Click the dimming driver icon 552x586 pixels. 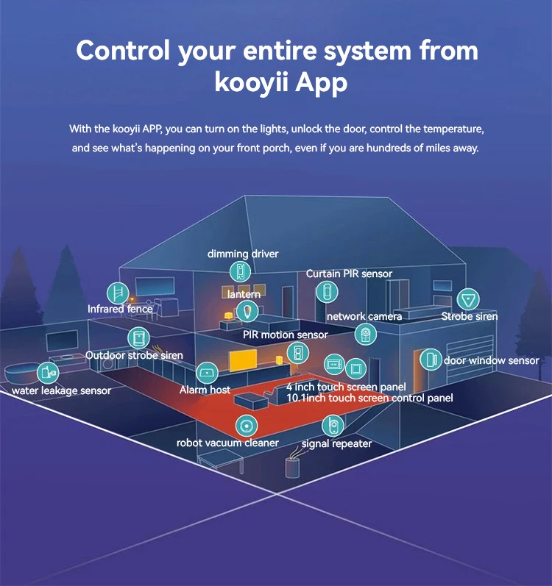click(x=241, y=271)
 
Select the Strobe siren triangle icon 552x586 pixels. click(x=467, y=299)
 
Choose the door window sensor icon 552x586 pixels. click(x=429, y=360)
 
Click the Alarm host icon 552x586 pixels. click(x=205, y=371)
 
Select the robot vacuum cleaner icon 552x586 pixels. click(x=245, y=425)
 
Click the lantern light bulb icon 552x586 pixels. click(x=251, y=310)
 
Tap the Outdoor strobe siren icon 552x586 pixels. click(x=137, y=338)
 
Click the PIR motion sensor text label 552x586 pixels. click(x=285, y=335)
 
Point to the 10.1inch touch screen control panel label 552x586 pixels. click(x=369, y=398)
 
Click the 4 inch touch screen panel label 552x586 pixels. click(x=345, y=387)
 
